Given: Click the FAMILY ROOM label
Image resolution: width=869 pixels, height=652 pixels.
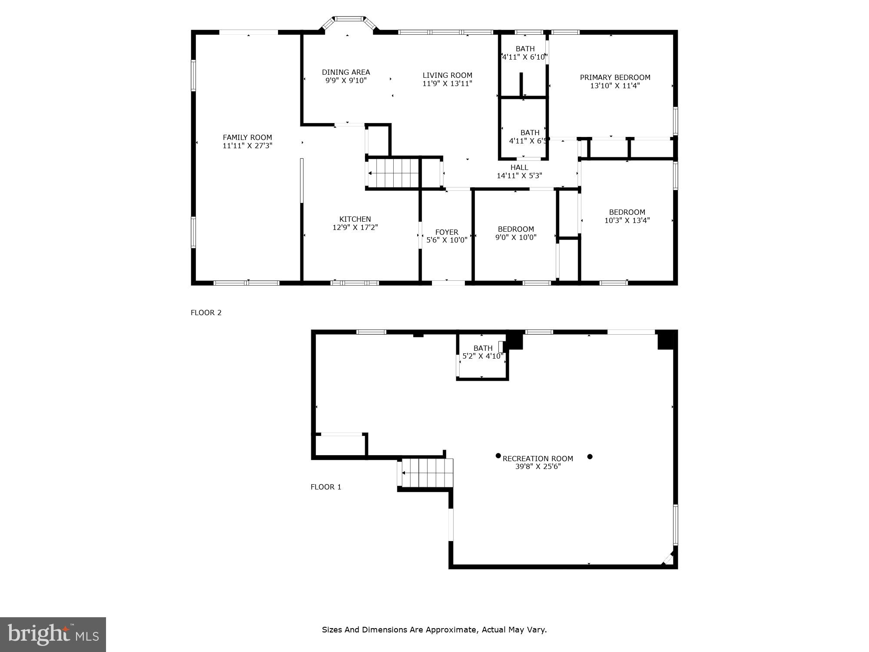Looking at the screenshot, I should tap(247, 137).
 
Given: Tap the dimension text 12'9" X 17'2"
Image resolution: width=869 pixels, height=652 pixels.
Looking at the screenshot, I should tap(355, 227).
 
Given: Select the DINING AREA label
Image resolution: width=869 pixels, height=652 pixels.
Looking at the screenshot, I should tap(346, 72).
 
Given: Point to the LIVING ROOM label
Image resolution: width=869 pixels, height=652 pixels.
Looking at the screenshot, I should tap(447, 75).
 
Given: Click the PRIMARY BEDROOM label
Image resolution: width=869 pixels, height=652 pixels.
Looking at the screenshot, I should tap(615, 77).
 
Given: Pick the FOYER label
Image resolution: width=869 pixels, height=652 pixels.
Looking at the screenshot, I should tap(447, 232).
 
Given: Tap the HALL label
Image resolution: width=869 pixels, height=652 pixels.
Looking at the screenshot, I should tap(519, 167).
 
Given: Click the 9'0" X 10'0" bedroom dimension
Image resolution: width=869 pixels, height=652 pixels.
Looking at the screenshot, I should tap(516, 237).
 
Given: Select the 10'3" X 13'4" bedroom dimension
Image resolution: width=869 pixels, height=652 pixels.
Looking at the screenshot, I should tap(627, 220).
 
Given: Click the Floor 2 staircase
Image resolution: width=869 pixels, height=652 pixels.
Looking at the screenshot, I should tap(393, 173).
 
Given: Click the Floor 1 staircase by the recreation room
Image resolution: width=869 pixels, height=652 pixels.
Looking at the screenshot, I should tap(428, 473).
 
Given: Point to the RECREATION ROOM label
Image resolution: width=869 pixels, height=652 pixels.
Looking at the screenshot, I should tap(537, 459).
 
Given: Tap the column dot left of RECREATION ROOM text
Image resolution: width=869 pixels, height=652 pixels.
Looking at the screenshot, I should tap(498, 456).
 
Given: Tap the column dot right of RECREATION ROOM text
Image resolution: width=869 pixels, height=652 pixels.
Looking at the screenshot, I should tap(590, 456).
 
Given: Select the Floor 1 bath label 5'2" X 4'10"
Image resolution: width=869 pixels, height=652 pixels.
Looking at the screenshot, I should tap(482, 356).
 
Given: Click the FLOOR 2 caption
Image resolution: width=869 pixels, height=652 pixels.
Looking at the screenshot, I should tap(206, 313).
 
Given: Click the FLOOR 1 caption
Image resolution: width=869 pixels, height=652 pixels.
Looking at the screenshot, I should tap(326, 487).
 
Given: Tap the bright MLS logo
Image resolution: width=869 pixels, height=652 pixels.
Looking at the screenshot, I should tap(53, 634).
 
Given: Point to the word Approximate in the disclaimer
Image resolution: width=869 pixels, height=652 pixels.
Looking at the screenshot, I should tap(451, 629).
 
